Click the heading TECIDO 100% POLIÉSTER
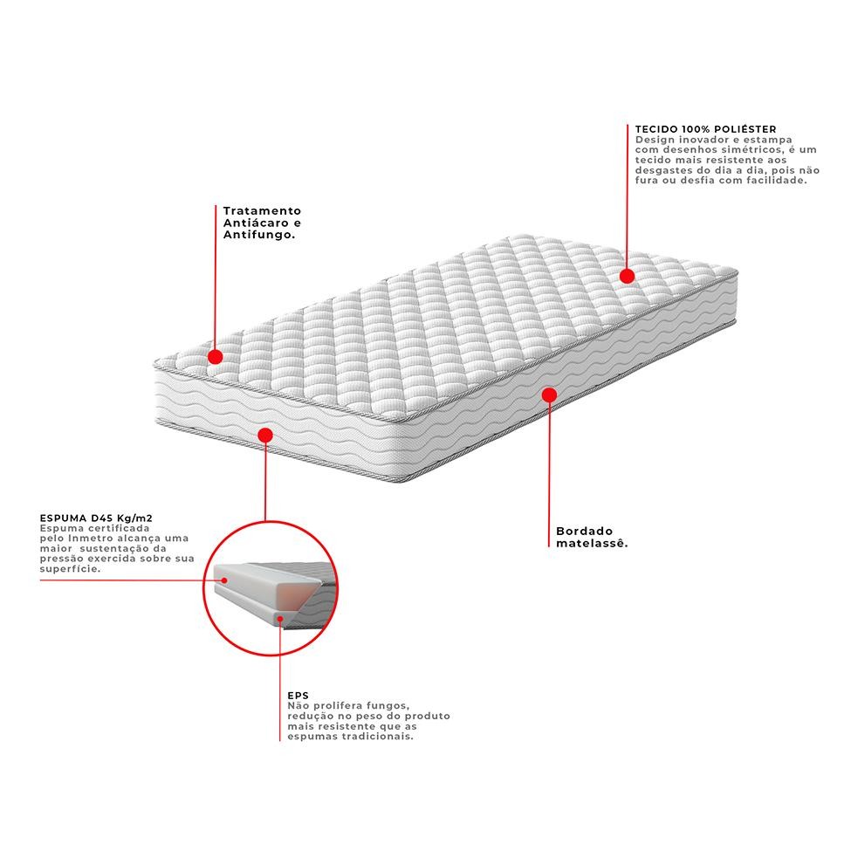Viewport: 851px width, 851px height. tap(705, 129)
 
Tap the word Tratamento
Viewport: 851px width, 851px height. tap(262, 210)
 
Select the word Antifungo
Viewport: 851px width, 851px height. tap(259, 235)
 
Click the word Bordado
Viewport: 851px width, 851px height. tap(585, 532)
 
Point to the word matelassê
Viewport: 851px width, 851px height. tap(592, 543)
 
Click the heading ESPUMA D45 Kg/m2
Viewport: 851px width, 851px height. tap(96, 518)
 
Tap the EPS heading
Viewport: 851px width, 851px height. tap(298, 696)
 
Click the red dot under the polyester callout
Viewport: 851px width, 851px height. tap(627, 277)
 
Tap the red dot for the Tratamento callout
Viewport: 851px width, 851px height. tap(216, 357)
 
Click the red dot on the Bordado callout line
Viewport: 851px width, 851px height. tap(549, 395)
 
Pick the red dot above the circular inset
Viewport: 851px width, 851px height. tap(265, 435)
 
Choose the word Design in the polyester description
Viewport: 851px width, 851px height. tap(655, 140)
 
